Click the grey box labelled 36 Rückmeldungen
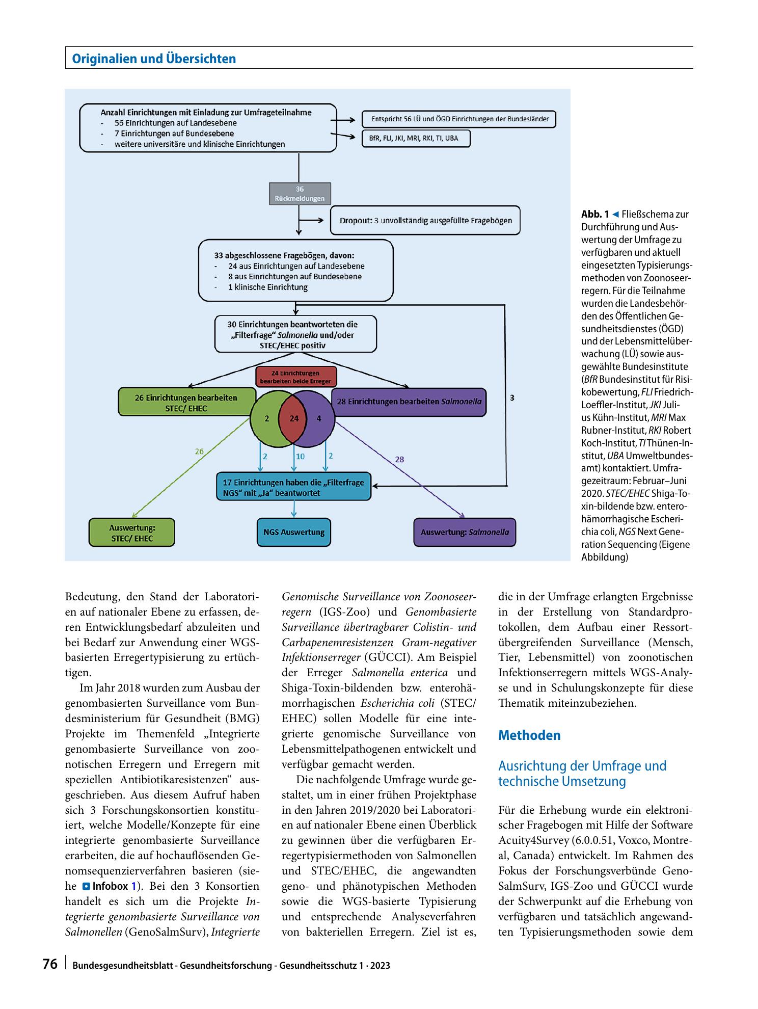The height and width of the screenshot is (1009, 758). pos(300,194)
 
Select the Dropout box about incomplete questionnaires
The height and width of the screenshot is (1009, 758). pos(425,221)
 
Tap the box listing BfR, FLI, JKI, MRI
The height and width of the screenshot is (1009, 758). pos(416,138)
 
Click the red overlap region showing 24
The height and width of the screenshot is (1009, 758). pos(294,418)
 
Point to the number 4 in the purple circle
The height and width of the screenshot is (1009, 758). pos(319,418)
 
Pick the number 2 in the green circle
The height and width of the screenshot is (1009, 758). pos(267,418)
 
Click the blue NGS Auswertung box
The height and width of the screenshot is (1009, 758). pos(294,533)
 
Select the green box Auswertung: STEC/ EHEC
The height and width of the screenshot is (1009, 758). pos(132,533)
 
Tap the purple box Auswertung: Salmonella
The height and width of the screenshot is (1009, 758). pos(465,533)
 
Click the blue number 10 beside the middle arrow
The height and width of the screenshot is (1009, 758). pos(301,457)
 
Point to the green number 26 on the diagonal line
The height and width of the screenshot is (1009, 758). pos(200,451)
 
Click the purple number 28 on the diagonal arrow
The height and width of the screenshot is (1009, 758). pos(399,459)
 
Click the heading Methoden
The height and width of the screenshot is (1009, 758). pos(529,735)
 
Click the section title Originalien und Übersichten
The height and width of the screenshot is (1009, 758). pos(154,59)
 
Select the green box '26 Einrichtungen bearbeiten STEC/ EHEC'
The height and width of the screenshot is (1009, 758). pos(186,403)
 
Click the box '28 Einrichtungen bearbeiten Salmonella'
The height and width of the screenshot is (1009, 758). pos(409,402)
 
